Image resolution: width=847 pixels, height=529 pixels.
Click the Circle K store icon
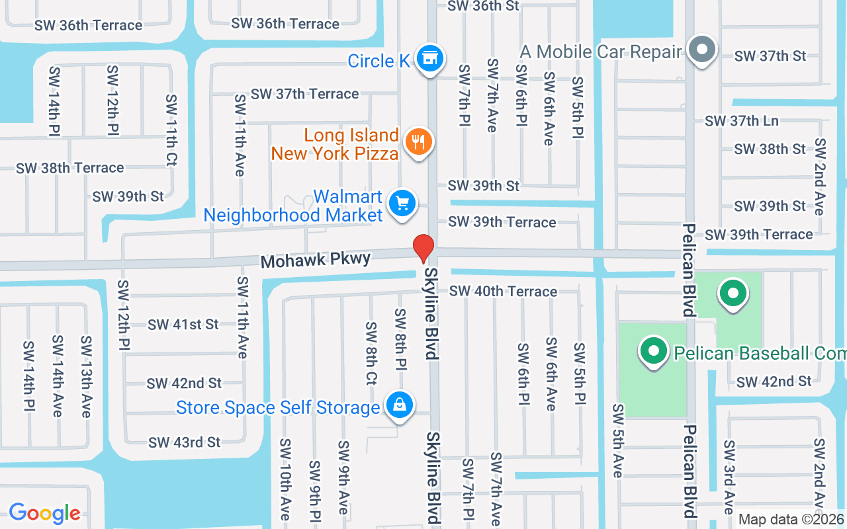(x=430, y=58)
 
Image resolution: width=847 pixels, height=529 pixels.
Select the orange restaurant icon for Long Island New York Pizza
(x=418, y=142)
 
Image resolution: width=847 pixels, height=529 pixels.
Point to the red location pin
(x=423, y=248)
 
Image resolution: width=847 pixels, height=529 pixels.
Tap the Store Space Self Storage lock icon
(x=399, y=405)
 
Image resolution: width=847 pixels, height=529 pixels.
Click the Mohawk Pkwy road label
(x=315, y=260)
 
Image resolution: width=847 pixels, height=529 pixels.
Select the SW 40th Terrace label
(x=503, y=291)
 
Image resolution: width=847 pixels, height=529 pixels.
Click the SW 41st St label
(x=183, y=325)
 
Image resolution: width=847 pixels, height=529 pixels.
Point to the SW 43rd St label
(x=184, y=442)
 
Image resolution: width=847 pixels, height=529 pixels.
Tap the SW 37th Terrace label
(x=305, y=94)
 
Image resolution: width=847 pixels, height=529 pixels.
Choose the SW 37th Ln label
(x=742, y=121)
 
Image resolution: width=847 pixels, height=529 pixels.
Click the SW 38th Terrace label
(x=70, y=168)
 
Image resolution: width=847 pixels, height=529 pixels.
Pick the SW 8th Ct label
(x=371, y=353)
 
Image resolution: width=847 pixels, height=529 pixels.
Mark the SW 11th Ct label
(x=171, y=130)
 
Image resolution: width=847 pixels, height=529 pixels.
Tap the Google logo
(x=44, y=512)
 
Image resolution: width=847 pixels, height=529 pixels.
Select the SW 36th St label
(x=484, y=6)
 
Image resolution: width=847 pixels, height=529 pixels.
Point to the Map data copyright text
(x=791, y=520)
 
